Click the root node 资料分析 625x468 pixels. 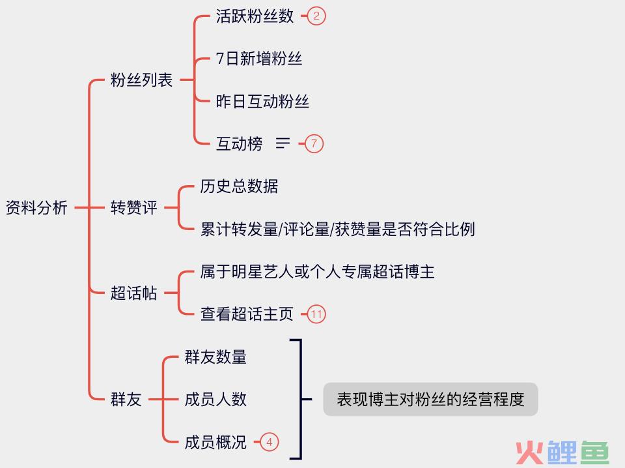click(36, 208)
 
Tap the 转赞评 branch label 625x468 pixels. click(134, 208)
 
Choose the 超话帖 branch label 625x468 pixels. click(134, 293)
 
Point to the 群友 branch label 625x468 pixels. click(126, 400)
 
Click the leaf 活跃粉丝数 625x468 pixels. click(255, 16)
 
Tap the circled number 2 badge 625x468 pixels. click(316, 16)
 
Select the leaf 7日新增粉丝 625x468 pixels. click(259, 59)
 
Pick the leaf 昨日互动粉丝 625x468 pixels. click(262, 102)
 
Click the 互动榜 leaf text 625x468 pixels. click(239, 144)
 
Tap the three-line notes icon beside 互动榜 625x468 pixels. click(283, 143)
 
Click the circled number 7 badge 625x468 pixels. click(314, 143)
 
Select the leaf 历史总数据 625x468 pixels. click(239, 186)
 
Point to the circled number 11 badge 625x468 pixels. click(316, 314)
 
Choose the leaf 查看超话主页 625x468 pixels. click(247, 314)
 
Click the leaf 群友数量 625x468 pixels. click(215, 357)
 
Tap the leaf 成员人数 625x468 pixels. click(215, 400)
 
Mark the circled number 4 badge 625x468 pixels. click(269, 442)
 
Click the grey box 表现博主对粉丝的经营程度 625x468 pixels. click(430, 399)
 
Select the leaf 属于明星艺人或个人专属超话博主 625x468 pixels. click(317, 272)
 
